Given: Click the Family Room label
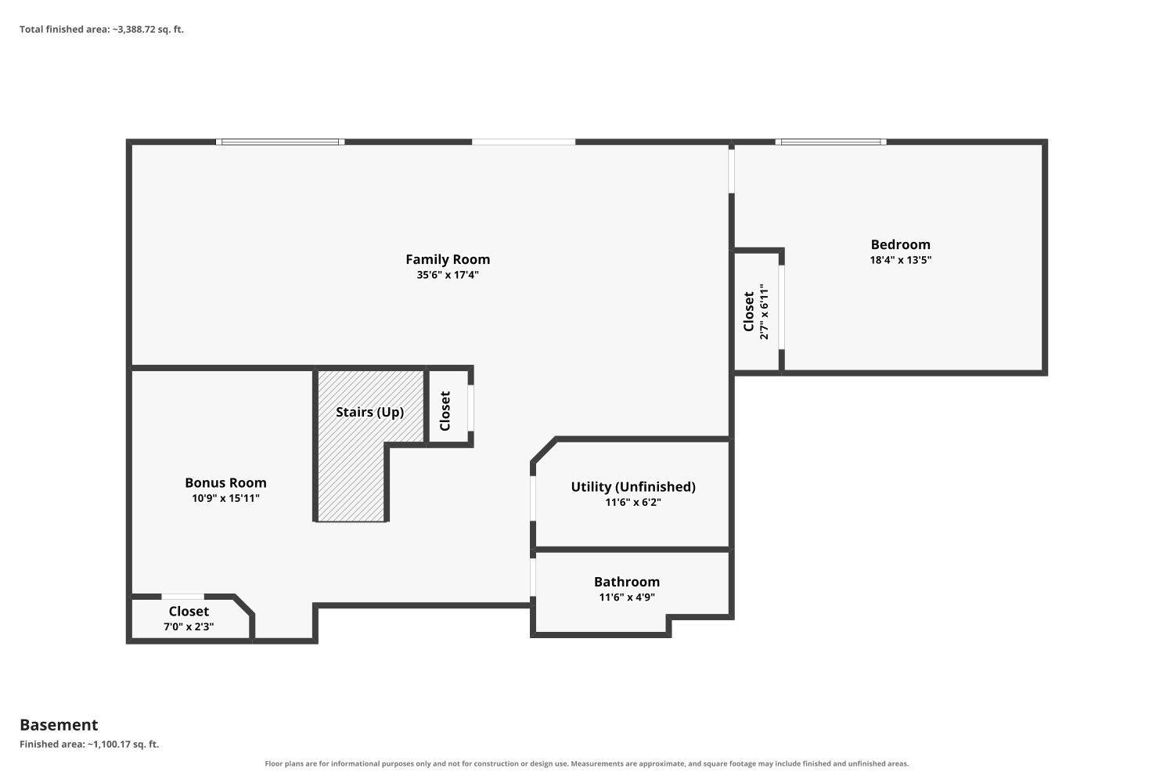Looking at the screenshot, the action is click(448, 259).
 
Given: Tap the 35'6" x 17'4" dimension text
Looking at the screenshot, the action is click(448, 275).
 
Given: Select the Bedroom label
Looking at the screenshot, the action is click(900, 244).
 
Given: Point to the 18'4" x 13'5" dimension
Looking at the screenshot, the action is click(900, 260).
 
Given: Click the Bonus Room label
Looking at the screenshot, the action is click(225, 482).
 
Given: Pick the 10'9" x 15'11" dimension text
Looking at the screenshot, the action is click(225, 498).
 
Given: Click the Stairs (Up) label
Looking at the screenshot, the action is click(369, 412).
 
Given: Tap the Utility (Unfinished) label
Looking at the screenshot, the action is click(633, 487).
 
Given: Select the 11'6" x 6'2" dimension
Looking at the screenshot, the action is click(633, 503).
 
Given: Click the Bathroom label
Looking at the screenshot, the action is click(627, 582).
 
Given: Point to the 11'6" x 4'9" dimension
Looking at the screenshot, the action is click(627, 597).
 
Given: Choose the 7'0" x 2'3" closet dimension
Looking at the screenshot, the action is click(189, 626).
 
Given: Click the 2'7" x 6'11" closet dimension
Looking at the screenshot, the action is click(764, 312).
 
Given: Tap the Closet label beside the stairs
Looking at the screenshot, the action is click(445, 411).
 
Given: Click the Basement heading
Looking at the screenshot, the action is click(59, 725).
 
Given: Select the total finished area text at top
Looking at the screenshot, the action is click(102, 30).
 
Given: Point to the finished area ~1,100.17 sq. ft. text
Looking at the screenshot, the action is click(89, 744).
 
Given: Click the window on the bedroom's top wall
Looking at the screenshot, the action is click(830, 143).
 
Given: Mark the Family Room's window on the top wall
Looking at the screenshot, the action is click(280, 143).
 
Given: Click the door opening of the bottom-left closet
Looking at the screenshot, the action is click(182, 597).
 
